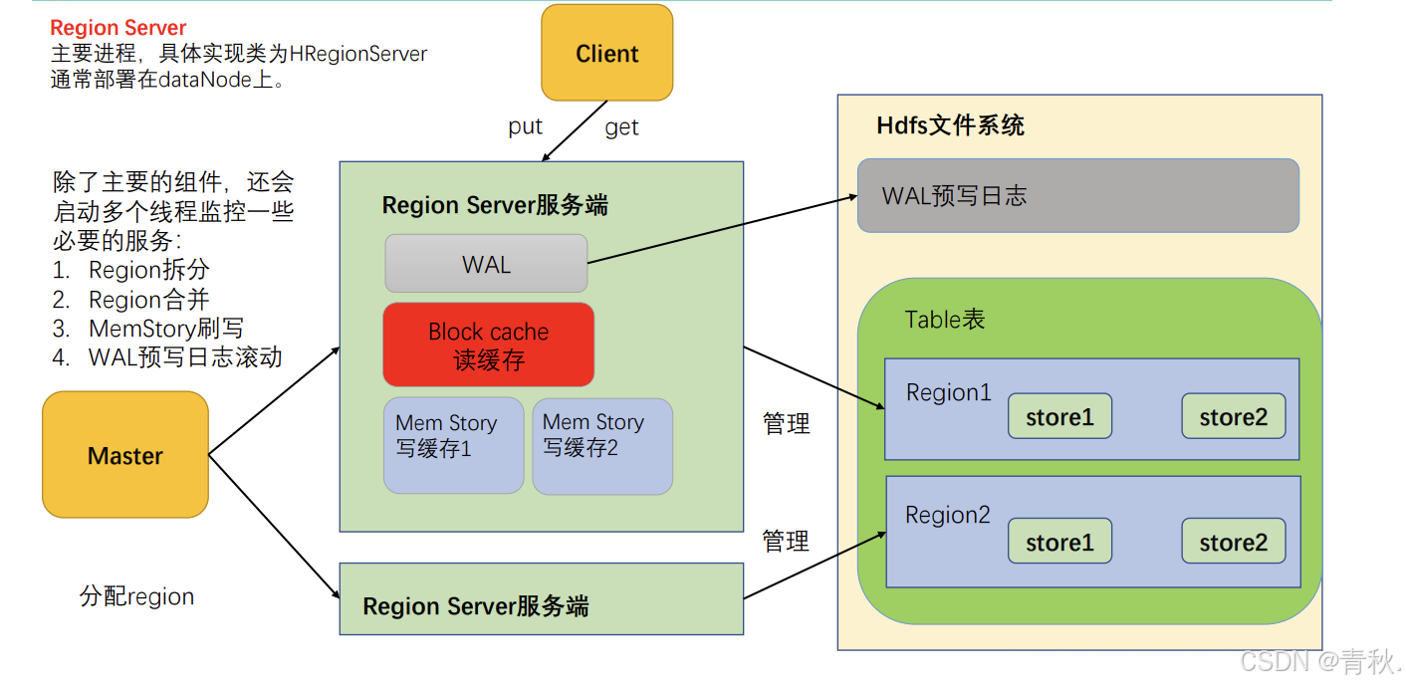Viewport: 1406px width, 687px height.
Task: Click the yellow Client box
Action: tap(606, 53)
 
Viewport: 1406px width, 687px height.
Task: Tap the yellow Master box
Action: tap(125, 455)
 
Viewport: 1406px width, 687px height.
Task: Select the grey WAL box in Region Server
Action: tap(486, 264)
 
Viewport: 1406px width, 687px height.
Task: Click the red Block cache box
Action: tap(488, 344)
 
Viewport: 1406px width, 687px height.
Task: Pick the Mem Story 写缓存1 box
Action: tap(453, 445)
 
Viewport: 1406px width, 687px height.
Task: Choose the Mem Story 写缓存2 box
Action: tap(601, 445)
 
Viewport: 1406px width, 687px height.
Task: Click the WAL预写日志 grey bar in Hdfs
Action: tap(1077, 196)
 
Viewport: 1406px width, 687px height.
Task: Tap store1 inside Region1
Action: tap(1059, 416)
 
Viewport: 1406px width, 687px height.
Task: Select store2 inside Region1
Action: tap(1233, 416)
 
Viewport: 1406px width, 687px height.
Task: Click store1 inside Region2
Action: tap(1059, 542)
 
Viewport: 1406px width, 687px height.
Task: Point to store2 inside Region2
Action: tap(1233, 542)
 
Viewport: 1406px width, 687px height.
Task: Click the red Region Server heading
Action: tap(118, 28)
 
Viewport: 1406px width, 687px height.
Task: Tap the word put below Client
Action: tap(525, 126)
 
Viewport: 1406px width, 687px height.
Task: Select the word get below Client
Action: tap(621, 127)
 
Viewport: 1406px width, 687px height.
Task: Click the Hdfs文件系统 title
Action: tap(950, 125)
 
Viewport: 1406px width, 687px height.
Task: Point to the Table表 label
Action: tap(944, 319)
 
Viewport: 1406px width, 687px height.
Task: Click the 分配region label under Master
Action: tap(136, 596)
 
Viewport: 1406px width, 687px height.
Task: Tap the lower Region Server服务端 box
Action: tap(541, 599)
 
